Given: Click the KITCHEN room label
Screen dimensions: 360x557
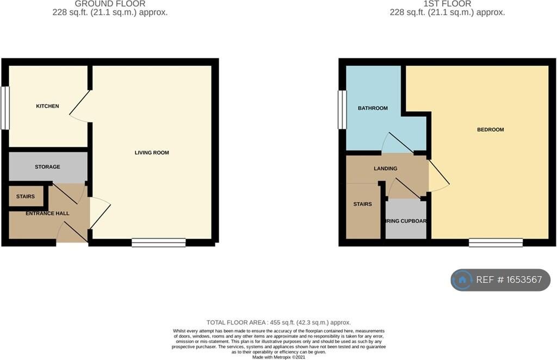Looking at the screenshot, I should coord(47,106).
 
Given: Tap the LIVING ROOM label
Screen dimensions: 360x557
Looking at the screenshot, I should coord(152,153).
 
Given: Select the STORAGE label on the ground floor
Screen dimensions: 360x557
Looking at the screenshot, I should coord(47,167).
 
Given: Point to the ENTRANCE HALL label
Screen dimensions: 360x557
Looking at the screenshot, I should coord(47,213).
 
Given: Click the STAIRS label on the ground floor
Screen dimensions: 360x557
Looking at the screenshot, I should coord(26,196).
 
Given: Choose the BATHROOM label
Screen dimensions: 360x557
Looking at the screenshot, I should coord(373,108).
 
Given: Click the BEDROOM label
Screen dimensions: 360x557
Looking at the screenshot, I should coord(490,129).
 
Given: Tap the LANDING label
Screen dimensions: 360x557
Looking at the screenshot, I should coord(385,169).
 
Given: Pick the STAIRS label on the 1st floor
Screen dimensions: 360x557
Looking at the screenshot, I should coord(362,204).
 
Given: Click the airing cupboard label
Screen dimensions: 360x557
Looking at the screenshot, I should coord(406,221).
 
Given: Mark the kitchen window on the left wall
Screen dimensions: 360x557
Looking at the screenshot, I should coord(5,108).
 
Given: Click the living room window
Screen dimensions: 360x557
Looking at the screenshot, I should coord(158,243).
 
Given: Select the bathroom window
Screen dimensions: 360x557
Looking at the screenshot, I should coord(342,109).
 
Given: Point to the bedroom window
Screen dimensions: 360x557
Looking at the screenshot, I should coord(496,243).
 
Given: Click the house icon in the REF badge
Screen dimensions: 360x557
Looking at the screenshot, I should coord(462,280).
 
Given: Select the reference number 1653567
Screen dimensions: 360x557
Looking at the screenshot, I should coord(509,280).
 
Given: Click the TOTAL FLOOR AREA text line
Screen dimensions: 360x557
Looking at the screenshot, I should coord(278,322).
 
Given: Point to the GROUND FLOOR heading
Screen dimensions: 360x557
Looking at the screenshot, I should coord(110,4).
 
